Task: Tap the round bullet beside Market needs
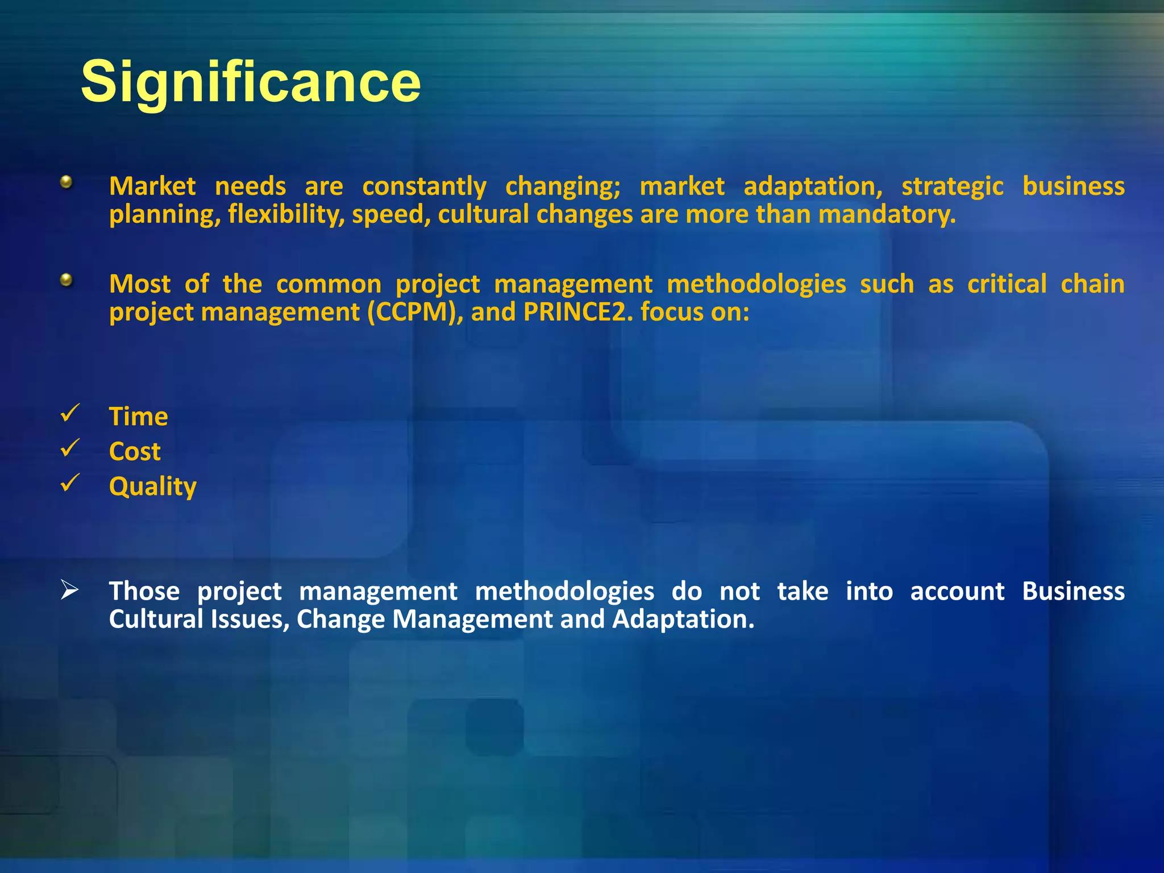[66, 182]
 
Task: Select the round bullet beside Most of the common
[66, 280]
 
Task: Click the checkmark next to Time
[69, 413]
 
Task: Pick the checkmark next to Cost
[69, 448]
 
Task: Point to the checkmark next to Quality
[69, 483]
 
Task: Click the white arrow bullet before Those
[69, 591]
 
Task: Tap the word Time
[138, 417]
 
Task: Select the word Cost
[135, 452]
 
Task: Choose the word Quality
[152, 487]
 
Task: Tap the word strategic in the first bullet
[952, 186]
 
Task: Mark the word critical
[1007, 284]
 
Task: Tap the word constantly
[424, 186]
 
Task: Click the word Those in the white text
[144, 591]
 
